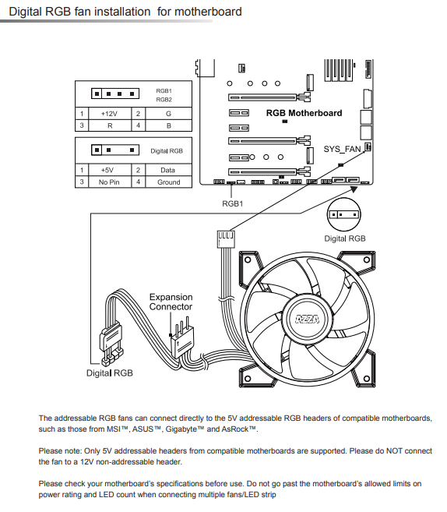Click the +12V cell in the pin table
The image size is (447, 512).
click(110, 114)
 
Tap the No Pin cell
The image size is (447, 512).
click(110, 182)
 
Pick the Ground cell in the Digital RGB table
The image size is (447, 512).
click(169, 182)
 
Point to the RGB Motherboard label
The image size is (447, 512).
click(304, 113)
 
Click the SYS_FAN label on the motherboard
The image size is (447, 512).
click(342, 149)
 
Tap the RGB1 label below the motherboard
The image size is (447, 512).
click(233, 203)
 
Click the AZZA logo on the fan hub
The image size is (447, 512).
click(308, 319)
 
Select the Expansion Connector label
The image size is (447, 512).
click(171, 302)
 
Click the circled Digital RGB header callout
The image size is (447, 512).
click(344, 214)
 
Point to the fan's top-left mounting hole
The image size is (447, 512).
click(248, 260)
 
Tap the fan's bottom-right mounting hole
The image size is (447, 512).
click(367, 379)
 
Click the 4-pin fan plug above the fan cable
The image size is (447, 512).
click(226, 239)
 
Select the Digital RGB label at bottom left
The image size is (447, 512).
click(110, 373)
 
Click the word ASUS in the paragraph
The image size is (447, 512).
click(143, 429)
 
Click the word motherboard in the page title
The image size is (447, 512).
click(208, 12)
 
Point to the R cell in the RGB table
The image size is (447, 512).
click(110, 125)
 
